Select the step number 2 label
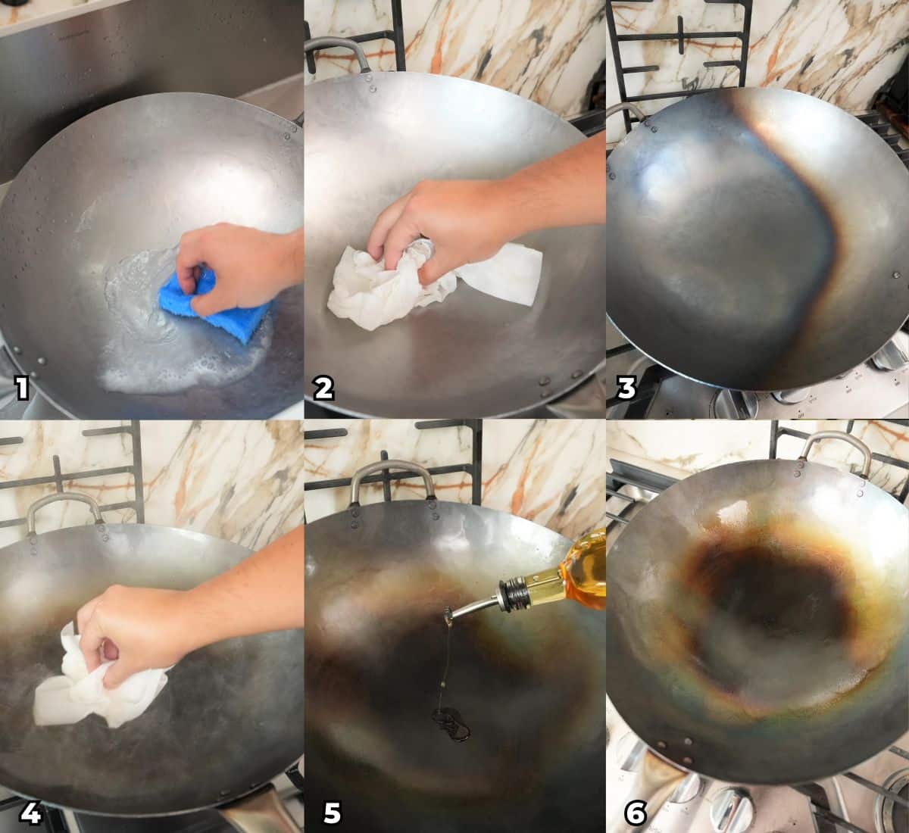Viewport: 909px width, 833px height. click(x=323, y=388)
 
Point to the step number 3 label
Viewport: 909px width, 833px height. click(x=626, y=388)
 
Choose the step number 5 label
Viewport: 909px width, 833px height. click(x=332, y=813)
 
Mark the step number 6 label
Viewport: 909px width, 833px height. click(x=635, y=813)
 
